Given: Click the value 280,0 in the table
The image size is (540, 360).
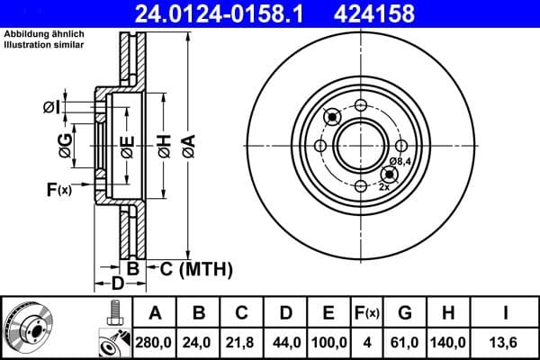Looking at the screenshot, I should pyautogui.click(x=156, y=341).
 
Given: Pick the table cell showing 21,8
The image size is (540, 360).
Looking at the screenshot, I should pyautogui.click(x=242, y=341).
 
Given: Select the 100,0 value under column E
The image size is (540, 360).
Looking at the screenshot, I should pyautogui.click(x=328, y=341).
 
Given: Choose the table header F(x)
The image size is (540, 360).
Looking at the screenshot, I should pyautogui.click(x=367, y=312).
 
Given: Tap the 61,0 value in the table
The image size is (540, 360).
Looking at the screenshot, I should pyautogui.click(x=404, y=341).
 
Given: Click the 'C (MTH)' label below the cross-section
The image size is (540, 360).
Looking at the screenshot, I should pyautogui.click(x=191, y=268).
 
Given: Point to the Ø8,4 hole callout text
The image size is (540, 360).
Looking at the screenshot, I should pyautogui.click(x=400, y=161).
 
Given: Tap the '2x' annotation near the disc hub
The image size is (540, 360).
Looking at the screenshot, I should pyautogui.click(x=384, y=187).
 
